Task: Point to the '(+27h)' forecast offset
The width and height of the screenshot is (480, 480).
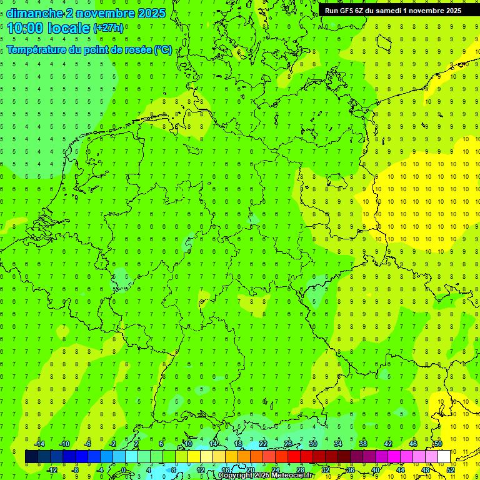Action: tap(107, 28)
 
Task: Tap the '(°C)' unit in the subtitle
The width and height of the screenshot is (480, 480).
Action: tap(162, 49)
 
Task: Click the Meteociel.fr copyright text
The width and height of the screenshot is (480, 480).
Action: tap(265, 476)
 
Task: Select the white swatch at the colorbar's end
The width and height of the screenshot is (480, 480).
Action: tap(444, 456)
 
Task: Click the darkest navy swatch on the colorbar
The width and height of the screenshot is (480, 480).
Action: tap(31, 456)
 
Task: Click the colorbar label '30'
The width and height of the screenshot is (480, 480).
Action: tap(312, 444)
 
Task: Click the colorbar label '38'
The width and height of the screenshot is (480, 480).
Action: tap(363, 444)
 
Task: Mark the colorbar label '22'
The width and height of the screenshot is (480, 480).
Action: tap(263, 444)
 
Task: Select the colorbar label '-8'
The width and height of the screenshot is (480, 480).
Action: tap(76, 470)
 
